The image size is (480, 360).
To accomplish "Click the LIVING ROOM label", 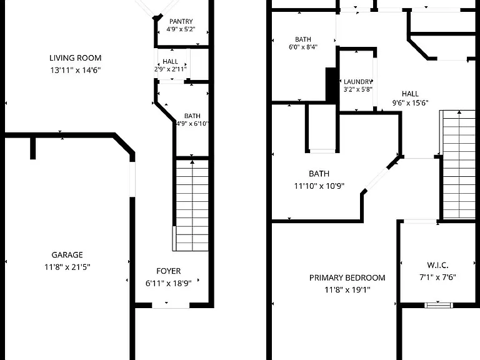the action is (75, 58).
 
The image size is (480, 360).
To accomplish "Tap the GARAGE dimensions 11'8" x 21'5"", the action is (67, 267).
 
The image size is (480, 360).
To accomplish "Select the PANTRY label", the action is (181, 21).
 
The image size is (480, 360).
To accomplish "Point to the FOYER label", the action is (168, 271).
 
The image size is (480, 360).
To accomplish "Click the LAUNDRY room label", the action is (358, 82).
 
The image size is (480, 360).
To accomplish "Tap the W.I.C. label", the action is (437, 265).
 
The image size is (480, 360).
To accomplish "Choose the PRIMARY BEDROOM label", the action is (347, 277).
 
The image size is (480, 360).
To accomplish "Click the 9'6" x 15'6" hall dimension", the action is (410, 103).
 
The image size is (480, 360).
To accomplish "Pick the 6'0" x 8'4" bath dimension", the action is (303, 47).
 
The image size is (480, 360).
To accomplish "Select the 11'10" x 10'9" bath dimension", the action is (319, 186).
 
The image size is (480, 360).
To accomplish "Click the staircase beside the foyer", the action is (191, 205).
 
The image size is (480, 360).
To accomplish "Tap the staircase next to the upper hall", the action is (457, 164).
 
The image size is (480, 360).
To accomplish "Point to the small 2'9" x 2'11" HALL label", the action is (170, 61).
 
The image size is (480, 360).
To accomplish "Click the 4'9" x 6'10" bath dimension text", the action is (192, 124).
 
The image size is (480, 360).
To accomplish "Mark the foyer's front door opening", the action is (171, 305).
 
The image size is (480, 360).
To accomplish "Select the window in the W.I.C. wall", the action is (438, 305).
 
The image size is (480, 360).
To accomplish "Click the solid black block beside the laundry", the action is (331, 84).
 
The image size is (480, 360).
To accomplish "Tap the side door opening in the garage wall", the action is (132, 179).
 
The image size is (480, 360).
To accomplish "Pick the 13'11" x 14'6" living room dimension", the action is (76, 70).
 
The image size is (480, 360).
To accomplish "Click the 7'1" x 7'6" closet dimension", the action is (437, 277).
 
